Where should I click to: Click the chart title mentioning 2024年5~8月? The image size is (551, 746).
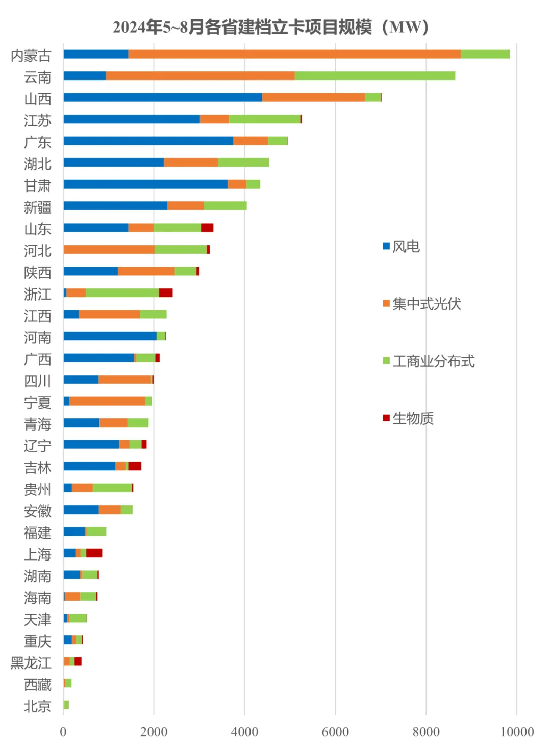pos(271,27)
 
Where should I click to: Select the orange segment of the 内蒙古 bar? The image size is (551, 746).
pos(294,54)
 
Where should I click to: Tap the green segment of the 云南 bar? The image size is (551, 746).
pos(374,76)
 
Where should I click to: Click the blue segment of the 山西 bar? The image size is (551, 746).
pos(162,97)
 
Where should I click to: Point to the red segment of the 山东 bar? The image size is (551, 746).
pos(207,228)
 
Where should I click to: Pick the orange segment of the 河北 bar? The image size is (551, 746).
pos(109,249)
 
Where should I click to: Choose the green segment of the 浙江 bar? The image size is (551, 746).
pos(122,292)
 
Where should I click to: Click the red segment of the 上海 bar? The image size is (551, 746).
pos(94,553)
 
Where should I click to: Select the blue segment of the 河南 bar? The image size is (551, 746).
pos(110,336)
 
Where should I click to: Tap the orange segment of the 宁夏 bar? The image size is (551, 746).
pos(107,401)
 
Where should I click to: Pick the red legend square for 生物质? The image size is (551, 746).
pos(386,418)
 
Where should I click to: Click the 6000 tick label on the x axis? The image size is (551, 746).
pos(335,732)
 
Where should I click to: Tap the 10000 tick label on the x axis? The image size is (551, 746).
pos(516,732)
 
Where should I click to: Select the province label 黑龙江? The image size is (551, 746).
pos(31,662)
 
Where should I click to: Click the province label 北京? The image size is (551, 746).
pos(38,706)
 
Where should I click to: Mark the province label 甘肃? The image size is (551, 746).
pos(38,185)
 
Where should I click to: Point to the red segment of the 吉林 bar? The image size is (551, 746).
pos(135,466)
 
